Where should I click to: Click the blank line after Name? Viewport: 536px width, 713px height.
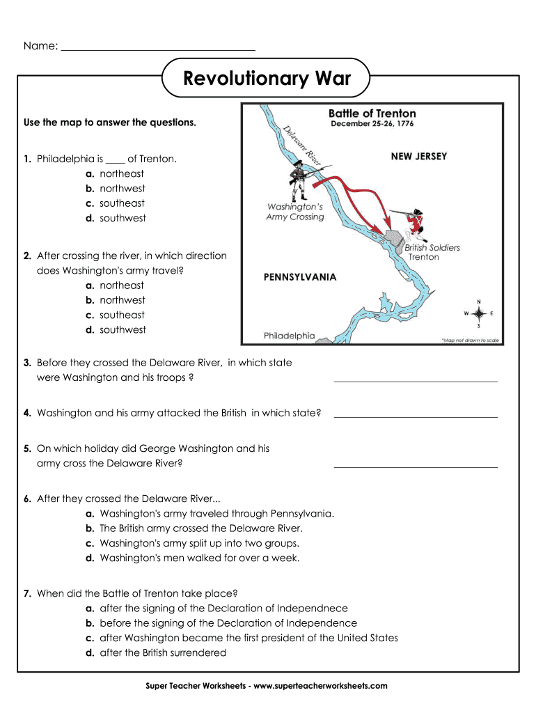158,50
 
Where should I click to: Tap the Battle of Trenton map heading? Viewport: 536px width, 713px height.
372,113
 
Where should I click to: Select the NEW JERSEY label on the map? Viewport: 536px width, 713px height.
419,156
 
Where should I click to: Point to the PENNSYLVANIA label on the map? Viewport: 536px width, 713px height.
299,277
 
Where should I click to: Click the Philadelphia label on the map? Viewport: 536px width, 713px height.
289,336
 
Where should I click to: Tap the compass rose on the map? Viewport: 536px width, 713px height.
478,314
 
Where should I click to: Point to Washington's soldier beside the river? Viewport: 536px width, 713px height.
297,180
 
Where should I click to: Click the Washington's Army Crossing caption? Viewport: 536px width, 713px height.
295,212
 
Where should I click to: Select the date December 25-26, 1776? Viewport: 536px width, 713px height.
372,125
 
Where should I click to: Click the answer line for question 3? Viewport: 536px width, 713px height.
416,380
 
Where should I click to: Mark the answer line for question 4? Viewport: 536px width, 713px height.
416,416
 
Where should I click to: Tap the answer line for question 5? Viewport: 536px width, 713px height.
416,466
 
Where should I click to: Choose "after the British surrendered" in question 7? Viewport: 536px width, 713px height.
163,652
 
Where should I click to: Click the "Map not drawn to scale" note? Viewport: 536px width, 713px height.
471,340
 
